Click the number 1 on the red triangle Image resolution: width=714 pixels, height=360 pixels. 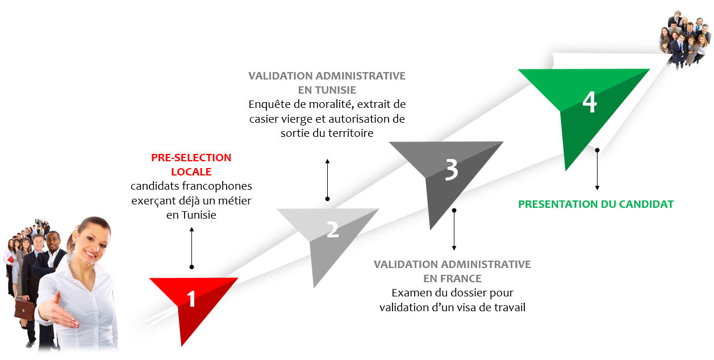[191, 299]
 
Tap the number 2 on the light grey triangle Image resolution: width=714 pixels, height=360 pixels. [332, 229]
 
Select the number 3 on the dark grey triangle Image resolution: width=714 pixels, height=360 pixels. [451, 169]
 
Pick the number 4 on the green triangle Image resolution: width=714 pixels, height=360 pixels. [590, 103]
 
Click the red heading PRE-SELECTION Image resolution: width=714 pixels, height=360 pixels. [191, 158]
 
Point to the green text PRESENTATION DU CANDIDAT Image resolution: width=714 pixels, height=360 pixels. [596, 204]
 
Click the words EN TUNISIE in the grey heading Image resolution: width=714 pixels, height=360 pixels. [327, 90]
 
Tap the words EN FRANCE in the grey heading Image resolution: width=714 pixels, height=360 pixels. [452, 279]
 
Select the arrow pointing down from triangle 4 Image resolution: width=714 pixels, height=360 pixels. [597, 170]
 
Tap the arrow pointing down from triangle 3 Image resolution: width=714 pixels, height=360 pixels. [454, 230]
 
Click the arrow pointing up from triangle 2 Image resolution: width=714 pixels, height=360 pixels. [327, 179]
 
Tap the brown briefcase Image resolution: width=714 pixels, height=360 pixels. [24, 308]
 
